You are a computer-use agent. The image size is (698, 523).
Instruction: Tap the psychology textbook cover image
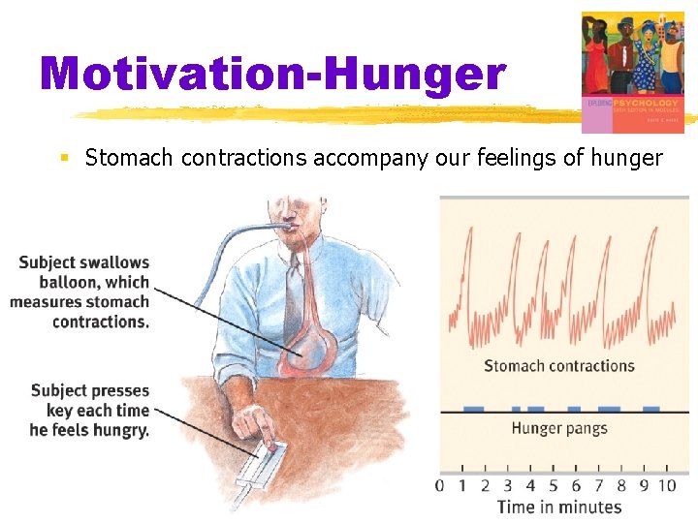(632, 72)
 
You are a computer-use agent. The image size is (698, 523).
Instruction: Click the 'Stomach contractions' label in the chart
(558, 366)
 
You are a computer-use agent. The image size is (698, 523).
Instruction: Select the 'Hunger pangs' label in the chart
(558, 428)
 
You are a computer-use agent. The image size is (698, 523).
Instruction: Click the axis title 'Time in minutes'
(558, 507)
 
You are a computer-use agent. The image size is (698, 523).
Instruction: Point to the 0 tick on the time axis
(440, 484)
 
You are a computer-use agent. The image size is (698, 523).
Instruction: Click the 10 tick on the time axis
(667, 484)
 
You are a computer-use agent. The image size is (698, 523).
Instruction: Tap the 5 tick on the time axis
(553, 484)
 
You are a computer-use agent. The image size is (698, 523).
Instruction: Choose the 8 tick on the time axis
(621, 484)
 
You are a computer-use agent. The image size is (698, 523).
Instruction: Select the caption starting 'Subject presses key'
(89, 411)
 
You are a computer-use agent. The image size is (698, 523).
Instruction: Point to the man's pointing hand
(264, 426)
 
